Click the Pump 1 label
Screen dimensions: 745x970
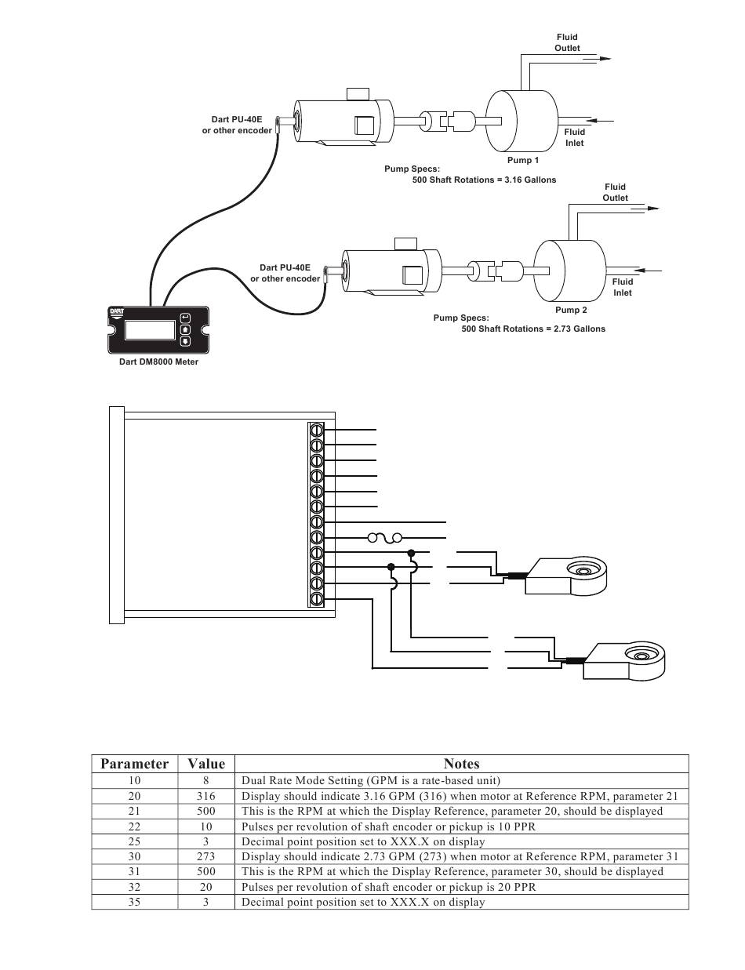click(x=523, y=160)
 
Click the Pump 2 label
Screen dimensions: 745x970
click(x=571, y=310)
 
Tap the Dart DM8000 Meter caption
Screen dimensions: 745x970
click(x=158, y=361)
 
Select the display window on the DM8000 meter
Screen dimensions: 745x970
click(x=150, y=330)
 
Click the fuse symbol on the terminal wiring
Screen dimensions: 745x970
click(x=384, y=538)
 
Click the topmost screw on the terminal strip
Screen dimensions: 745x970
click(x=316, y=431)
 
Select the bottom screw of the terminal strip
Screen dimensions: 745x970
click(x=316, y=598)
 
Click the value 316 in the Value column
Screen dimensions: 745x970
click(x=205, y=796)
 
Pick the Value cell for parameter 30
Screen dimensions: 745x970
click(x=205, y=856)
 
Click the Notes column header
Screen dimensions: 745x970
click(x=462, y=764)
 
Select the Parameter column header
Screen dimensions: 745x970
click(x=134, y=764)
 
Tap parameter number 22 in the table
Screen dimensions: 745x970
click(x=134, y=826)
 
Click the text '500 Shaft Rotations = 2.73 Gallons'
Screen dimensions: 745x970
click(x=533, y=329)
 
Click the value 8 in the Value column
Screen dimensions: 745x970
click(x=205, y=780)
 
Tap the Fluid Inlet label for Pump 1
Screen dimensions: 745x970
click(x=575, y=137)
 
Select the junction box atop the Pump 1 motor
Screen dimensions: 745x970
click(x=358, y=94)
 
